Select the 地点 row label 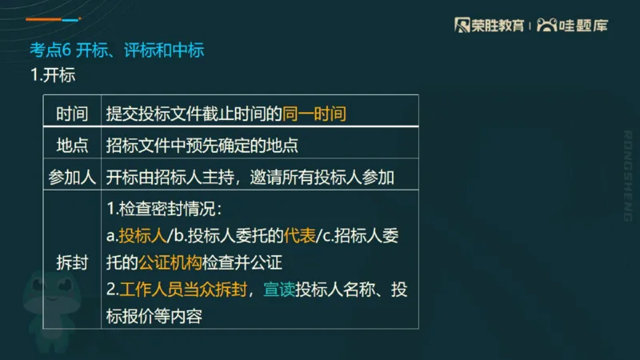pyautogui.click(x=72, y=146)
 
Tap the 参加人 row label pyautogui.click(x=72, y=176)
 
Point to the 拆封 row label pyautogui.click(x=72, y=262)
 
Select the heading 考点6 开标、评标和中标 pyautogui.click(x=117, y=50)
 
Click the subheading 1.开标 pyautogui.click(x=52, y=76)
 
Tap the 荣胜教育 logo pyautogui.click(x=490, y=25)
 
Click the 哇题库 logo pyautogui.click(x=573, y=25)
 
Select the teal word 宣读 pyautogui.click(x=279, y=290)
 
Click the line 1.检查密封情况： pyautogui.click(x=163, y=210)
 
